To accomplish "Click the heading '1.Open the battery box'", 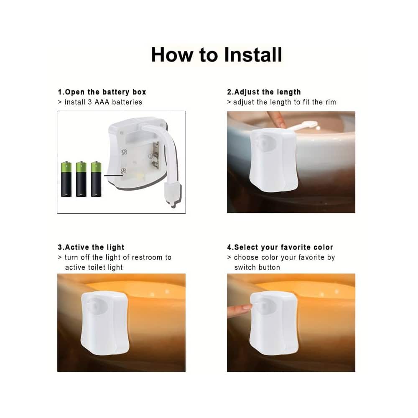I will [102, 92].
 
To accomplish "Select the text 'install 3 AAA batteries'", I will [103, 102].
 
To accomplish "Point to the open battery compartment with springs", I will [140, 159].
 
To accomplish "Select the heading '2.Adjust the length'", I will [264, 92].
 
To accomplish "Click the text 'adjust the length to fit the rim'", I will [284, 102].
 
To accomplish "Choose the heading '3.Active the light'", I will [91, 247].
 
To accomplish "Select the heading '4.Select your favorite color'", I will [280, 247].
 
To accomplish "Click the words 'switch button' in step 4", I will [257, 268].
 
